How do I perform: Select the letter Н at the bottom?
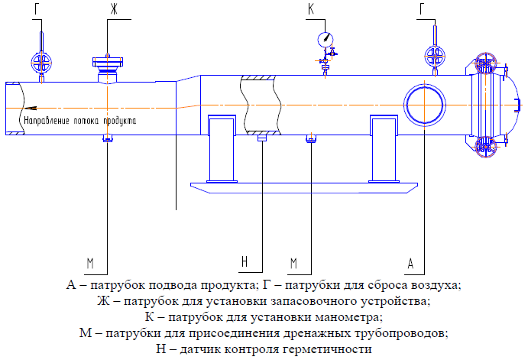click(x=245, y=262)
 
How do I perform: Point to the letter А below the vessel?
click(x=411, y=264)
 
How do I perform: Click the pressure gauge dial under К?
click(x=326, y=37)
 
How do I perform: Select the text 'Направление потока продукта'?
click(x=81, y=120)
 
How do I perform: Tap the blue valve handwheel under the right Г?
click(x=436, y=56)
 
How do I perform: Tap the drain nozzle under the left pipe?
click(x=108, y=138)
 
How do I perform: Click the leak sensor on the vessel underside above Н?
click(x=262, y=138)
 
